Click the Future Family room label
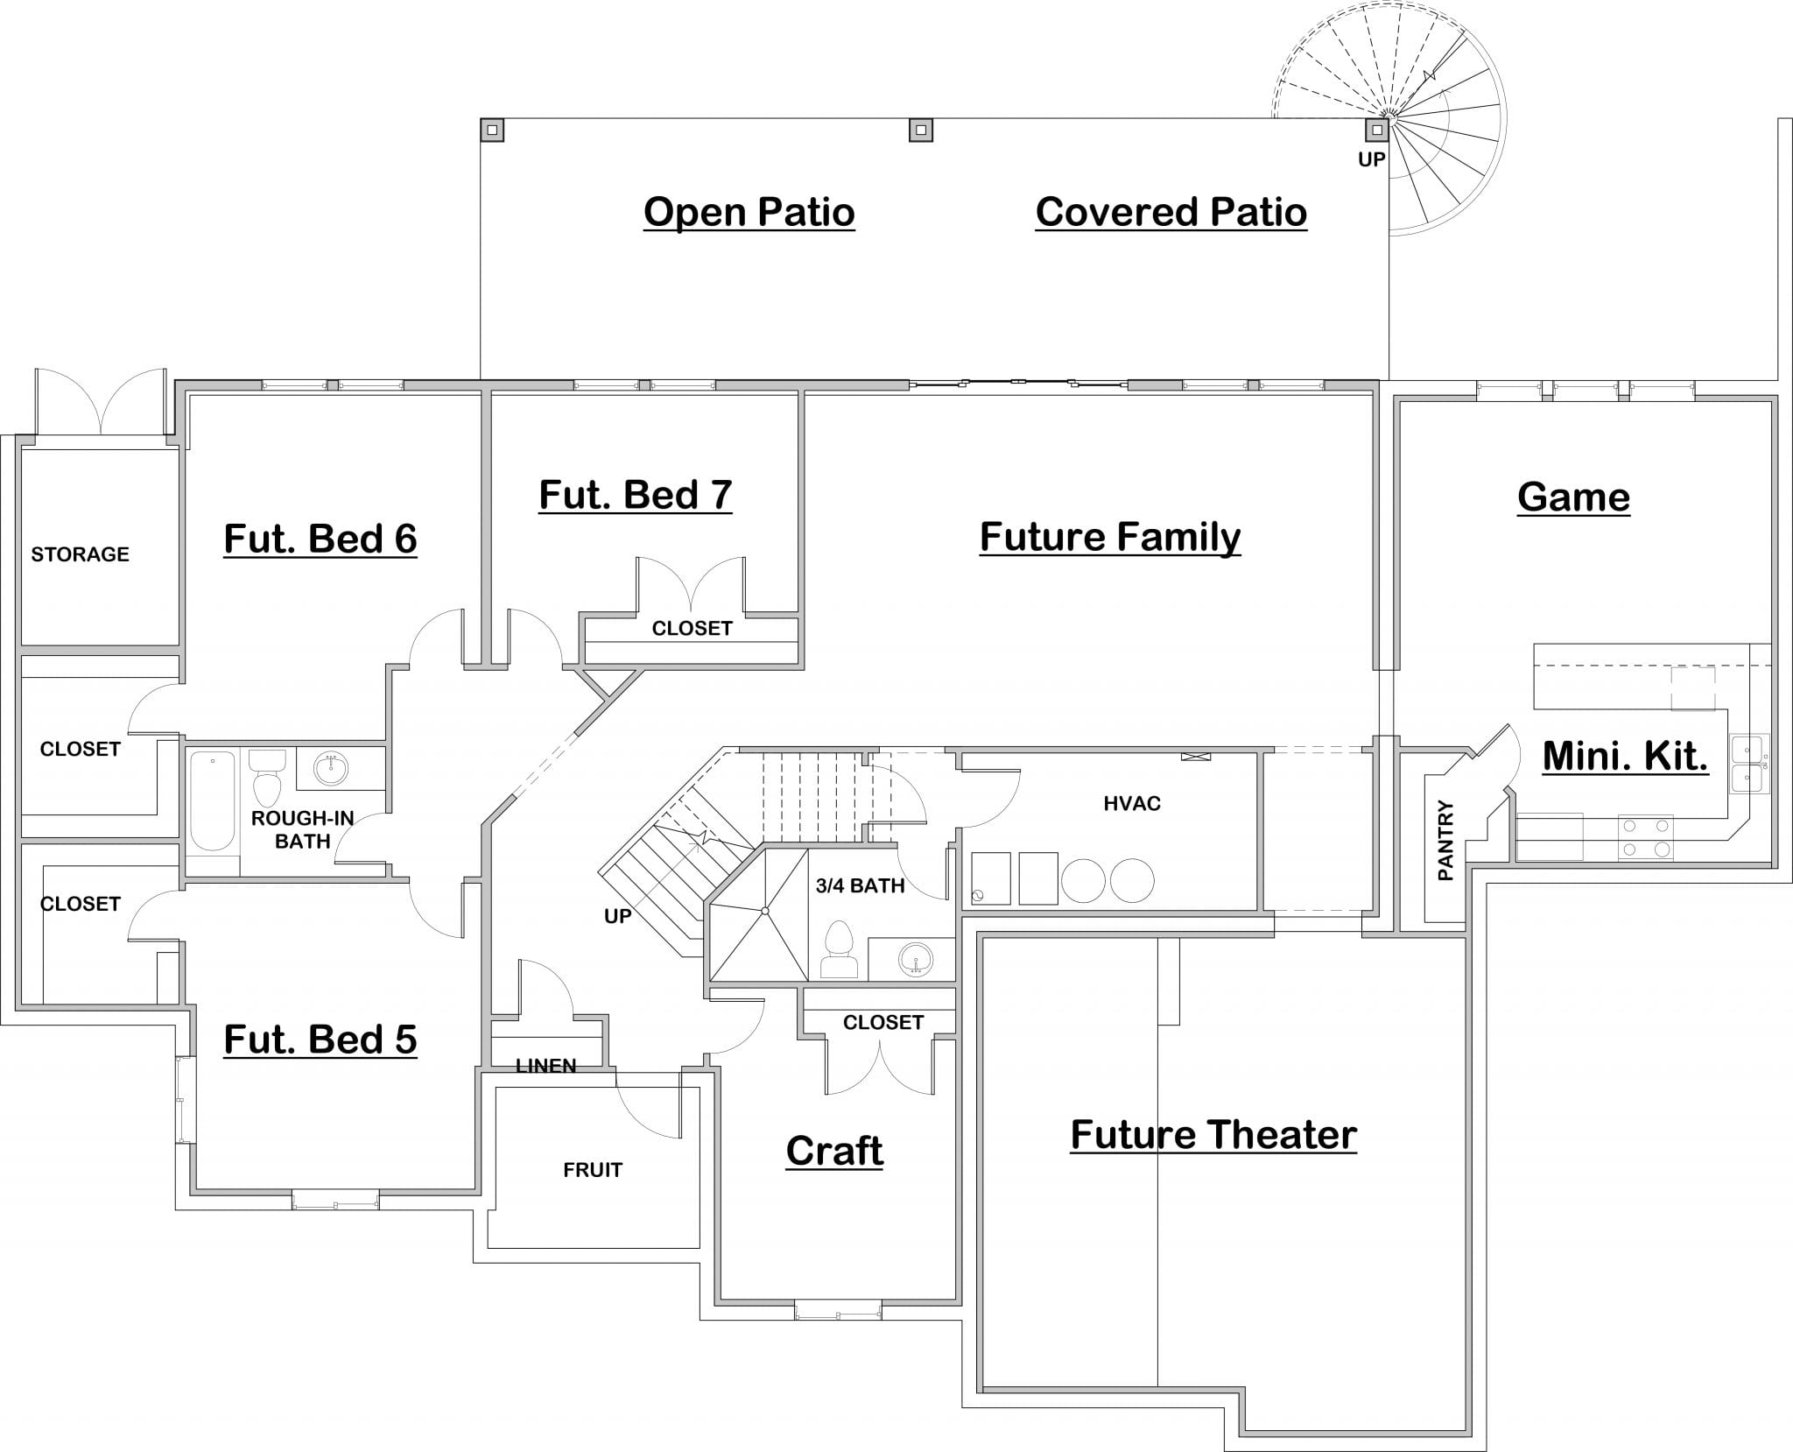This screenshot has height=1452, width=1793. [x=1110, y=537]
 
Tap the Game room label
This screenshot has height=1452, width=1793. [x=1573, y=497]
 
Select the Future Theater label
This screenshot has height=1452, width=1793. [x=1213, y=1134]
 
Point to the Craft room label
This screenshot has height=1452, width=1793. [x=834, y=1150]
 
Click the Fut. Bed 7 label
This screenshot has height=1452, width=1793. [x=635, y=494]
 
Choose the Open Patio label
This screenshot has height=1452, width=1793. [x=749, y=212]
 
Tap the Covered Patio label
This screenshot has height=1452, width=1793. [x=1171, y=212]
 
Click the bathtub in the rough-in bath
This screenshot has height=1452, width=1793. [x=212, y=800]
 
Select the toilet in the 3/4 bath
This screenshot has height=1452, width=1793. [x=839, y=948]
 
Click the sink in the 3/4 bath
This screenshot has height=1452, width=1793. [x=916, y=959]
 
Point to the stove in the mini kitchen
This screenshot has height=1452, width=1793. [x=1645, y=837]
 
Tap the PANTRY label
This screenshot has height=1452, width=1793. [x=1445, y=840]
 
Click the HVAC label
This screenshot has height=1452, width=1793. [x=1132, y=803]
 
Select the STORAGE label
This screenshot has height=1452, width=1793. [x=80, y=554]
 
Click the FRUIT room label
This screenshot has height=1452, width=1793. [x=593, y=1170]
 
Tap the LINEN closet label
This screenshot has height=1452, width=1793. [x=545, y=1066]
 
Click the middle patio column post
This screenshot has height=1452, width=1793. [x=920, y=130]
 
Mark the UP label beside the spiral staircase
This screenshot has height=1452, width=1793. [x=1372, y=159]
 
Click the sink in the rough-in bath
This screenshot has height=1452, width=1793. [x=330, y=768]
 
